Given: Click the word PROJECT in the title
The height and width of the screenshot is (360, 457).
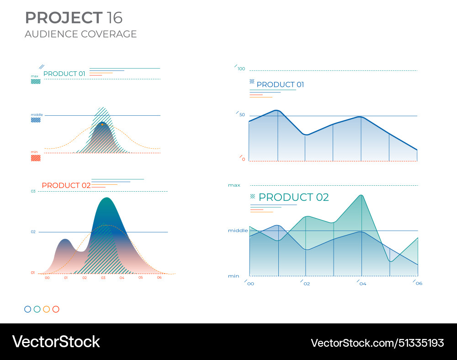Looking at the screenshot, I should [x=64, y=18].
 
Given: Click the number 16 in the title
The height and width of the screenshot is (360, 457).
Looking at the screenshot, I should [x=114, y=18].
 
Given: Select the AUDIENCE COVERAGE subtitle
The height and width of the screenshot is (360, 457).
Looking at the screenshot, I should [x=81, y=34].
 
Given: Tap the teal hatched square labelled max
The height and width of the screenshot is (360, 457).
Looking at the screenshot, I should [x=36, y=81].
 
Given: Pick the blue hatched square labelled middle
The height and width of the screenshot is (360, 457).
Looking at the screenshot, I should [x=36, y=120].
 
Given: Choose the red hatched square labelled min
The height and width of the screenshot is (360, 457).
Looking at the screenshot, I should [x=36, y=158].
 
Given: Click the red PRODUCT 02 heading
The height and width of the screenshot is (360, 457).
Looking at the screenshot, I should [x=66, y=185].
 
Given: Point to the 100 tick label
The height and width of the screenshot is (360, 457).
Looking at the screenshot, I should [x=241, y=69].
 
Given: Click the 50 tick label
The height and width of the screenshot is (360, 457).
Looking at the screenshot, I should [x=242, y=115].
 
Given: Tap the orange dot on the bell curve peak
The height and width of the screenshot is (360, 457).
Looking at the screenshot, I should [x=102, y=124].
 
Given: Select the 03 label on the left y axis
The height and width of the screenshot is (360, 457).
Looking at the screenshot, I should [x=33, y=191].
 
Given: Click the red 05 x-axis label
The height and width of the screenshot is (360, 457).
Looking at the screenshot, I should [x=140, y=278].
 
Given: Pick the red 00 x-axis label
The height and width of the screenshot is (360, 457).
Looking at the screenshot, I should [x=47, y=278].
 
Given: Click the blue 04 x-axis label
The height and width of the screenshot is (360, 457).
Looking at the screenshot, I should [x=362, y=284].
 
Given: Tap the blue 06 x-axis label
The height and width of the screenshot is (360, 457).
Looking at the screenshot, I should [x=419, y=284].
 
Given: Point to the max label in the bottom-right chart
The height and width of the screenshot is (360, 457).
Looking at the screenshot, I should [x=234, y=185].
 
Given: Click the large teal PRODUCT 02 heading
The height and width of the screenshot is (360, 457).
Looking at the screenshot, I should [x=293, y=198].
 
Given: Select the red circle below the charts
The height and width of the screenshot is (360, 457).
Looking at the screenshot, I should [x=56, y=309].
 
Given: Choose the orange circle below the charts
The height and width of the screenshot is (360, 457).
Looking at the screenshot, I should [x=46, y=309].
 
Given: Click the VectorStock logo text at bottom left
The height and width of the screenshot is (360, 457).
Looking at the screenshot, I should [x=56, y=342].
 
